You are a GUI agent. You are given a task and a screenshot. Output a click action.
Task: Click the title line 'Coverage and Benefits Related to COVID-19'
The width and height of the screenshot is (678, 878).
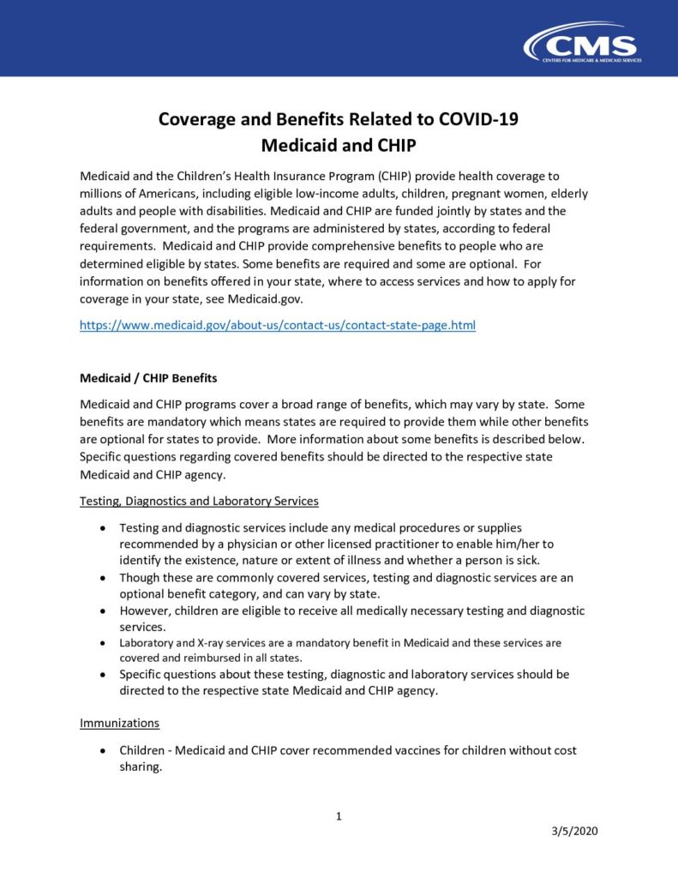(x=339, y=119)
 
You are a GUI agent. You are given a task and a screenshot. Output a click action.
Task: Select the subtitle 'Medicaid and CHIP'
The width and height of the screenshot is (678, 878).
(x=339, y=145)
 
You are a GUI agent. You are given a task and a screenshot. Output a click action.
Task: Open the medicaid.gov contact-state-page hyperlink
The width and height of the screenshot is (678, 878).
(x=277, y=326)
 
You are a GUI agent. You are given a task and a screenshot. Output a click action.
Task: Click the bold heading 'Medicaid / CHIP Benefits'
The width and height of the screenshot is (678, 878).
(x=148, y=377)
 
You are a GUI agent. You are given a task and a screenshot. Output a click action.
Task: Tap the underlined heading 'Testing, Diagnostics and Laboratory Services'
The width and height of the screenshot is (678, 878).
(x=199, y=501)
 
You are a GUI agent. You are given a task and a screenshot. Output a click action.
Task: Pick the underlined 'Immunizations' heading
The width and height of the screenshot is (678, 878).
(x=119, y=723)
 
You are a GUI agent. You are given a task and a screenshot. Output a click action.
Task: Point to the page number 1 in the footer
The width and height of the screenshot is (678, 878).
(x=339, y=816)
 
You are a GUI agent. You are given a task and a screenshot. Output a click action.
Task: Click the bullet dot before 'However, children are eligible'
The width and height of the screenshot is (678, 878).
(x=103, y=611)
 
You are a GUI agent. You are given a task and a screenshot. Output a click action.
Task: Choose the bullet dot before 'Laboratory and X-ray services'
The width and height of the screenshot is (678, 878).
(x=103, y=643)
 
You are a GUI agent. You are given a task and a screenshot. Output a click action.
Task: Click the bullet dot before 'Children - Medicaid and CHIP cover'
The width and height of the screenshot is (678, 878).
(x=103, y=751)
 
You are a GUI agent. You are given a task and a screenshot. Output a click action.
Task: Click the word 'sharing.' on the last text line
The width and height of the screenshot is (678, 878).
(x=141, y=767)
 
